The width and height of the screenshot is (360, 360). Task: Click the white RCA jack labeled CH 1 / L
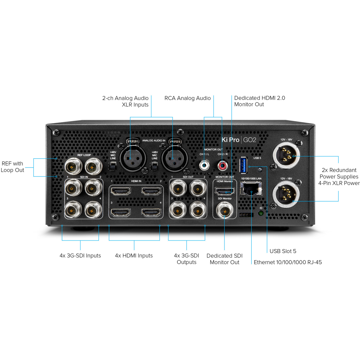tap(204, 165)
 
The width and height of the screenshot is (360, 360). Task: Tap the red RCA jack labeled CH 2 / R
tap(222, 165)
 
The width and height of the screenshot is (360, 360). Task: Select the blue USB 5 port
tap(243, 165)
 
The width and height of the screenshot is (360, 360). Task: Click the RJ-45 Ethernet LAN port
tap(251, 188)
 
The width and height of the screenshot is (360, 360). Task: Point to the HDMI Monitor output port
tap(224, 191)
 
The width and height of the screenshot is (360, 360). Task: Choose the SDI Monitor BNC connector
tap(225, 211)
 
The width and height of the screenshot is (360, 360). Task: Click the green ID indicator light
tap(261, 213)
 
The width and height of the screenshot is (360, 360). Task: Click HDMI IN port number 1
tap(121, 191)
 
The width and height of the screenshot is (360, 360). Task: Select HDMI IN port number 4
tap(151, 212)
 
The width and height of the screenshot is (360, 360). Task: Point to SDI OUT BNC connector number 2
tap(198, 188)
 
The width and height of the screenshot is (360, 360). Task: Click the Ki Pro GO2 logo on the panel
tap(239, 140)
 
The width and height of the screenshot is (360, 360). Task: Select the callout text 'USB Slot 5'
tap(283, 251)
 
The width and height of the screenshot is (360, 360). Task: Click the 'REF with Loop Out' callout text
tap(12, 167)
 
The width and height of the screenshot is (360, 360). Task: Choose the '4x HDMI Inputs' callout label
tap(134, 256)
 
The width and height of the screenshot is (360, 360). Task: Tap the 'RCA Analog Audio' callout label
tap(187, 98)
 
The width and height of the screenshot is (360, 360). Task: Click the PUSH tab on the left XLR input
tap(133, 141)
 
